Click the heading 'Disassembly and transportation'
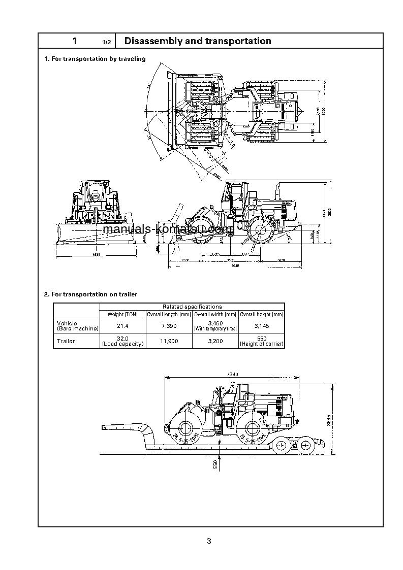coord(198,41)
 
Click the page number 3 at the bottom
coord(209,541)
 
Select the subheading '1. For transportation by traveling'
coord(95,59)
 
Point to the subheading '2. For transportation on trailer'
coord(90,294)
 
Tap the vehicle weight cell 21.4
coord(122,325)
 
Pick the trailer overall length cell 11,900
coord(169,341)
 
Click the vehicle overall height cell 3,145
coord(262,325)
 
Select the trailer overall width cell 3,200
coord(215,341)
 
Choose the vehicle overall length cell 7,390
coord(169,325)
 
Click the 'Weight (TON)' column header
coord(122,314)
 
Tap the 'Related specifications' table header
coord(192,307)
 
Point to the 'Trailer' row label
coord(66,341)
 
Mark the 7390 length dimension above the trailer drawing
coord(232,374)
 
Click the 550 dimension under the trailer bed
coord(215,464)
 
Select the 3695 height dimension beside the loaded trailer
coord(328,420)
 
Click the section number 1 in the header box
coord(75,41)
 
